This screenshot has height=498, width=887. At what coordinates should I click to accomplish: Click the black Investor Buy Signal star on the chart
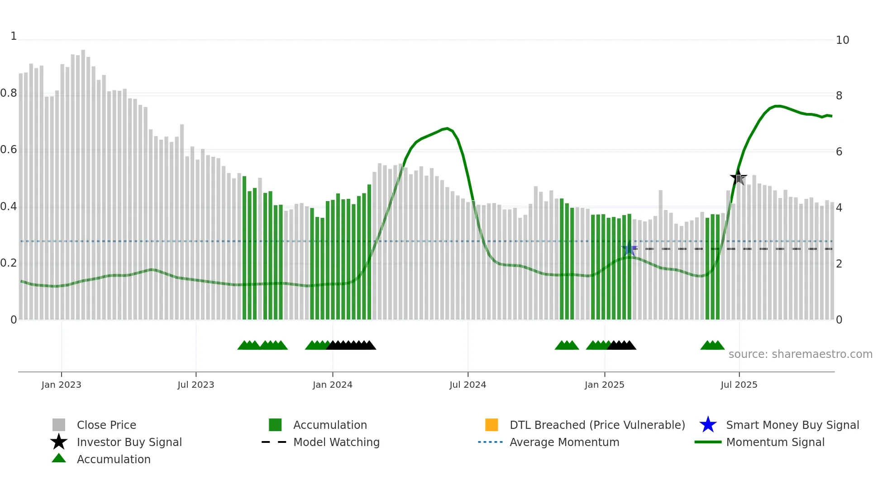[738, 178]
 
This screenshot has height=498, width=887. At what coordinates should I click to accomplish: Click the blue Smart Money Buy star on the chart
[629, 249]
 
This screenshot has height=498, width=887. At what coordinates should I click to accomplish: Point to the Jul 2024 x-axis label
[467, 385]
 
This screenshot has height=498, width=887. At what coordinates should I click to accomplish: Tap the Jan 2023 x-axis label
[61, 385]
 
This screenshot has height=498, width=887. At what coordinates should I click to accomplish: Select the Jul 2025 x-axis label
[739, 385]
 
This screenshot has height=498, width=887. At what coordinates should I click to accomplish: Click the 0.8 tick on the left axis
[9, 94]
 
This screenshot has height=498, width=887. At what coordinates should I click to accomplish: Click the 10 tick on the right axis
[842, 40]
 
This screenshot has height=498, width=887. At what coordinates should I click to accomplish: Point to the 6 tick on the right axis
[839, 152]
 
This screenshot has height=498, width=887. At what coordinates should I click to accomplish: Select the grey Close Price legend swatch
[59, 425]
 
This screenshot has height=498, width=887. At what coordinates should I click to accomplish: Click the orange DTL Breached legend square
[491, 425]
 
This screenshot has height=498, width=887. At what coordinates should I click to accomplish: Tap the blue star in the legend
[708, 425]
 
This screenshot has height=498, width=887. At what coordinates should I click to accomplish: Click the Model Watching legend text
[336, 442]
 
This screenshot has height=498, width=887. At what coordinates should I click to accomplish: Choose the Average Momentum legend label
[564, 442]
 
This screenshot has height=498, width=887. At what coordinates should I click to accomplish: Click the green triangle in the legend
[59, 458]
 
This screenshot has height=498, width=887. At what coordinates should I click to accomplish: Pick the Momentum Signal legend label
[775, 442]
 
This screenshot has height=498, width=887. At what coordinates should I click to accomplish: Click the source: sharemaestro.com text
[800, 354]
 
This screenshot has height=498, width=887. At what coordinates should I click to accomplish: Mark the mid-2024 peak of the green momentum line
[447, 128]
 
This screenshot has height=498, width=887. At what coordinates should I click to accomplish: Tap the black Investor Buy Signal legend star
[59, 442]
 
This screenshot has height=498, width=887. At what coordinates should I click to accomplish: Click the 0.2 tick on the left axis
[9, 263]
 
